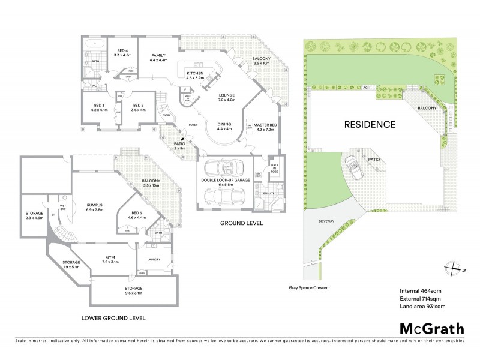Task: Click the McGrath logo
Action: pyautogui.click(x=431, y=328)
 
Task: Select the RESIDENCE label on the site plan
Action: pyautogui.click(x=370, y=125)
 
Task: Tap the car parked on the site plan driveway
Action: pyautogui.click(x=351, y=166)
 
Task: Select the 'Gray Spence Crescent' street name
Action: pyautogui.click(x=309, y=287)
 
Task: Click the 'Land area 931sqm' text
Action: pyautogui.click(x=422, y=306)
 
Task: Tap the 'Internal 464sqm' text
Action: pyautogui.click(x=419, y=291)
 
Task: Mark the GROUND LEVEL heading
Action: pyautogui.click(x=242, y=223)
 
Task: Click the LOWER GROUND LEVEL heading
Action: pyautogui.click(x=113, y=317)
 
